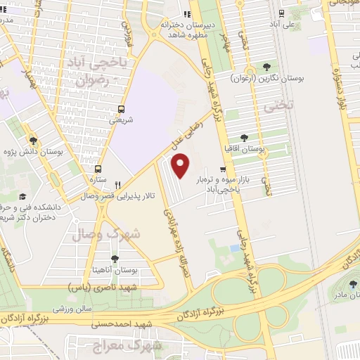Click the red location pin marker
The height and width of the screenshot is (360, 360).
[181, 165]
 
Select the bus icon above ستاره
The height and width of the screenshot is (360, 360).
[98, 169]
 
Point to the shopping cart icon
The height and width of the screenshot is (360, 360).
[223, 169]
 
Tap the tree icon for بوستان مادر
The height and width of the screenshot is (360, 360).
[351, 283]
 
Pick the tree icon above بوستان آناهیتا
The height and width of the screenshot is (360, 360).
[115, 258]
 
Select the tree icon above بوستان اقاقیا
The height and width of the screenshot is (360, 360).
[243, 138]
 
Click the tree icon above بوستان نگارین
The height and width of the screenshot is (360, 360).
[267, 67]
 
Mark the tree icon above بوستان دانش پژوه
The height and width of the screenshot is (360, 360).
[31, 140]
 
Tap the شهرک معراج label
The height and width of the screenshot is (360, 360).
[136, 345]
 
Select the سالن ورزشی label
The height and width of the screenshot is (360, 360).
[74, 309]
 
